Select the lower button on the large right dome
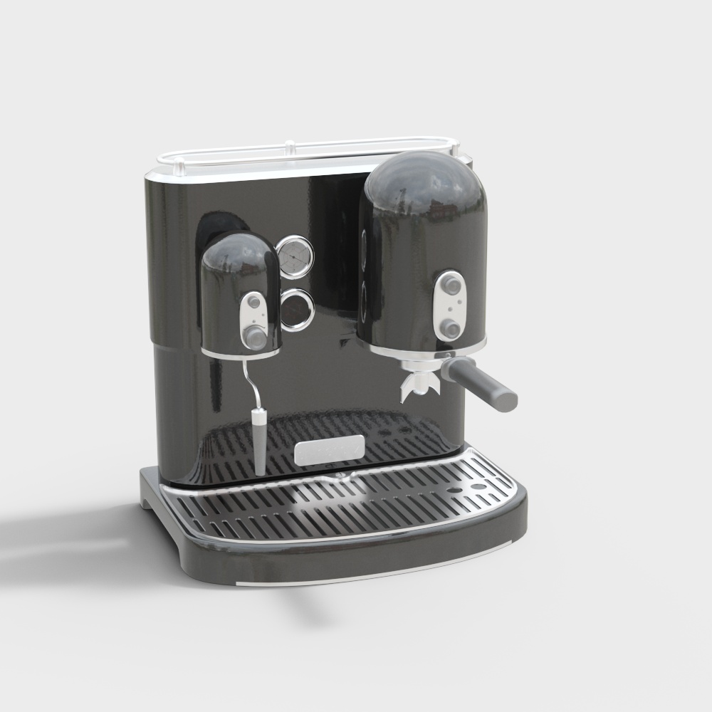pos(450,327)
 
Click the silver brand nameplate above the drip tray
pos(330,450)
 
